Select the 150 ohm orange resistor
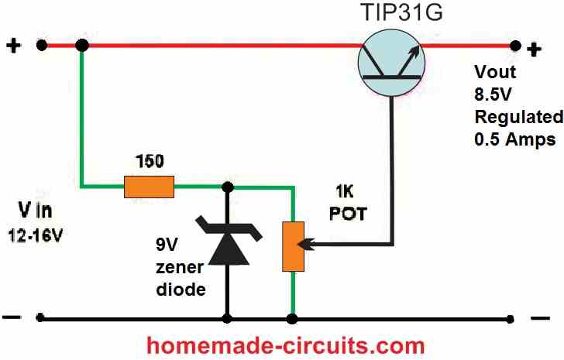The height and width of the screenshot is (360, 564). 149,185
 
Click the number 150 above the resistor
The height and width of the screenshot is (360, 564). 149,163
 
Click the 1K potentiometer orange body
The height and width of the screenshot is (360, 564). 293,246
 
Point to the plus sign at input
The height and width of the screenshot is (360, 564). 13,46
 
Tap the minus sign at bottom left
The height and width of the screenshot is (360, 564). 13,317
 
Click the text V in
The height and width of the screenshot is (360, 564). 37,211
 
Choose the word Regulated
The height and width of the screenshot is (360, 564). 518,118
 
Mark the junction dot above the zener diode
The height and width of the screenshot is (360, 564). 227,186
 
